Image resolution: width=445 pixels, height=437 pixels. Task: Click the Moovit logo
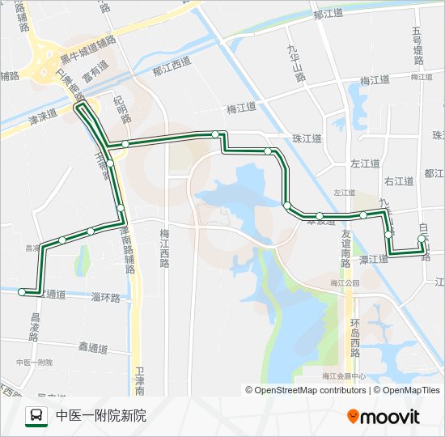tap(384, 417)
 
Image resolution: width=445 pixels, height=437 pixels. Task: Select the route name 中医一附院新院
tap(101, 417)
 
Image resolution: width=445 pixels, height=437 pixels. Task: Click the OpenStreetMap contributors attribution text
tap(309, 390)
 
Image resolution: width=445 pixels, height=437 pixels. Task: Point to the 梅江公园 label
tap(344, 283)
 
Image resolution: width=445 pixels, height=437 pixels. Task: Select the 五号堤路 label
tap(417, 45)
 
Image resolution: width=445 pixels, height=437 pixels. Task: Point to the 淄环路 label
tap(105, 298)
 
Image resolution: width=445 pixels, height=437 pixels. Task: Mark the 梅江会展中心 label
tap(343, 376)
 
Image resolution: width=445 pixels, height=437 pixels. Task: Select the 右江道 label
tap(399, 181)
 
